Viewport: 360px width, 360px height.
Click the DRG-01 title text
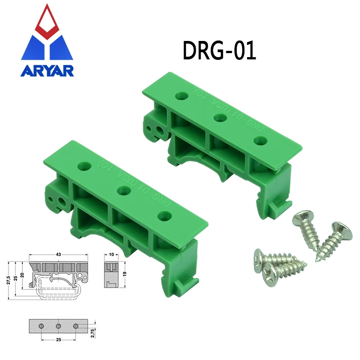coord(219,51)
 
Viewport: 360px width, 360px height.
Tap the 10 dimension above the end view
coord(111,255)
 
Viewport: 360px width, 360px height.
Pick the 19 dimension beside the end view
coord(125,273)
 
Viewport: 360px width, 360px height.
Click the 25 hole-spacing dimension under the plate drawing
coord(58,340)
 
